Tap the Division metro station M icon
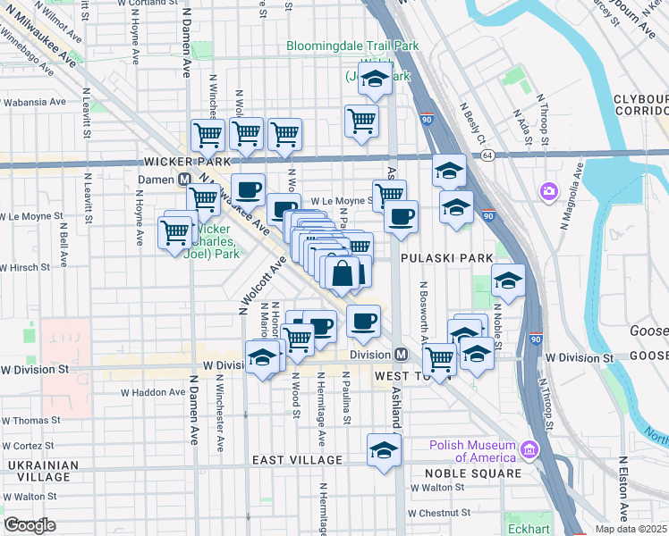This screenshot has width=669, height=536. click(x=402, y=355)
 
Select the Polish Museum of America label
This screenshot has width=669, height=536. click(x=472, y=451)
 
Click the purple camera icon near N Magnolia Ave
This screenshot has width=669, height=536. click(x=548, y=191)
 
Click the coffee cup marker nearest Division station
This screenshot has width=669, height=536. click(x=362, y=322)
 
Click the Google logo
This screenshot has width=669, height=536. click(x=30, y=525)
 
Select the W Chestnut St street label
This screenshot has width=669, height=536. click(x=439, y=513)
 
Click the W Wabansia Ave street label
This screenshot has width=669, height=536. click(x=33, y=102)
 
